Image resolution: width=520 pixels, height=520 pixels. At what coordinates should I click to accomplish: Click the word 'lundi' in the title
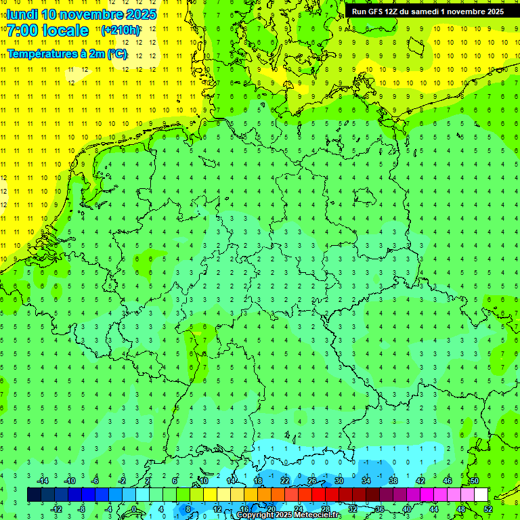pos(22,14)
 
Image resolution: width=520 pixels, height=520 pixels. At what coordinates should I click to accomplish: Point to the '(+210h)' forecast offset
pos(121,30)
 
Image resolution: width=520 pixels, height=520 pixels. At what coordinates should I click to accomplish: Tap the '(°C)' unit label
pos(116,53)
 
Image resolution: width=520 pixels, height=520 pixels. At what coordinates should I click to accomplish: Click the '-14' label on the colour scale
pos(43,481)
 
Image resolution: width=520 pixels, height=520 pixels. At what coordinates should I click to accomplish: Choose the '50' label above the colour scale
pos(475,481)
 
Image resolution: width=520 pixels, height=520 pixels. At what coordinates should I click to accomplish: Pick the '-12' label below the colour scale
pos(57,509)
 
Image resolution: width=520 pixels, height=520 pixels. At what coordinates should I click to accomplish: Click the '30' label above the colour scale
pos(339,481)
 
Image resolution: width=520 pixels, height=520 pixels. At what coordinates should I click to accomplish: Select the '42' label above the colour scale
pos(420,481)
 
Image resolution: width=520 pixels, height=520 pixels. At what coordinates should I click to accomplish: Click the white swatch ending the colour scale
pos(481,495)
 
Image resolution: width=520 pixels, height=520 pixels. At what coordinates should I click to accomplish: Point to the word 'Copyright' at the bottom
pos(255,515)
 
